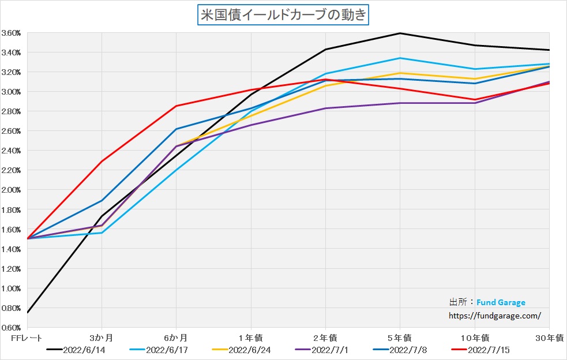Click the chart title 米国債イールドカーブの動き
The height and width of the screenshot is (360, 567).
pyautogui.click(x=283, y=16)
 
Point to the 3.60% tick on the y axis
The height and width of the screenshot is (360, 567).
pyautogui.click(x=12, y=33)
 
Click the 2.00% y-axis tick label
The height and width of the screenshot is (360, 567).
pyautogui.click(x=12, y=190)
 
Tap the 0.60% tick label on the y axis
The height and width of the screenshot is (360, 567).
pyautogui.click(x=12, y=327)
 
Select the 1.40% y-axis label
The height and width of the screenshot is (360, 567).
pyautogui.click(x=12, y=249)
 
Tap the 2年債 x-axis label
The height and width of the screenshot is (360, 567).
pyautogui.click(x=325, y=337)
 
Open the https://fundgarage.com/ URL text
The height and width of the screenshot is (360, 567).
pyautogui.click(x=495, y=316)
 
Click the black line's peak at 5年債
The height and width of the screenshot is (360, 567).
pyautogui.click(x=400, y=33)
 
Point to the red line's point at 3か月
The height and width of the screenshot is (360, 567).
pyautogui.click(x=102, y=161)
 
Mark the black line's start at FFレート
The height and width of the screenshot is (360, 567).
pyautogui.click(x=27, y=313)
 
